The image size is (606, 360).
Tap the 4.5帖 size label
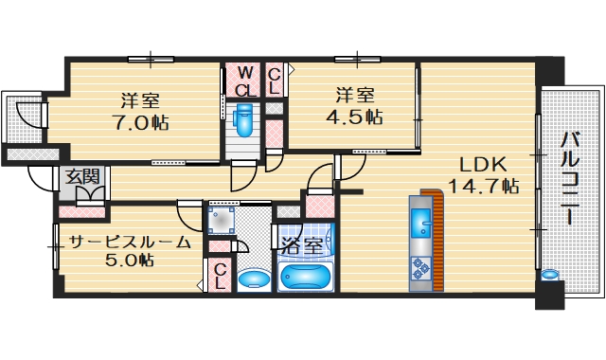tap(352, 117)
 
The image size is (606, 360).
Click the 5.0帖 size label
tap(123, 261)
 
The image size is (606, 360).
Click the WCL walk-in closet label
tap(244, 81)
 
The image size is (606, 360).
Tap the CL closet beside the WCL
tap(274, 81)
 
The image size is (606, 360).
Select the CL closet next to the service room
tap(219, 276)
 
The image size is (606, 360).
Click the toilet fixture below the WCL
tap(244, 120)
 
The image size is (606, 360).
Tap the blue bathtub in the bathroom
tap(306, 277)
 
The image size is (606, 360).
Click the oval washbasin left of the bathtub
tap(251, 279)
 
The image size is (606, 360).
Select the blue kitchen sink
tap(421, 225)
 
